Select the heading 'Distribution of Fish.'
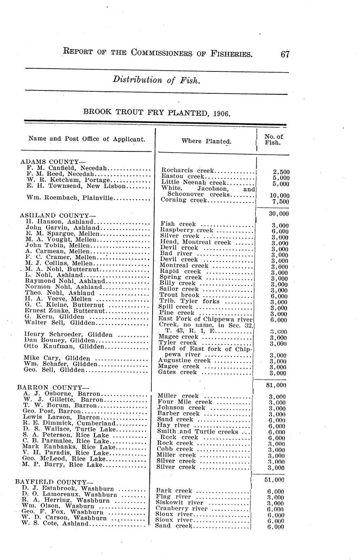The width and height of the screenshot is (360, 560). pyautogui.click(x=156, y=80)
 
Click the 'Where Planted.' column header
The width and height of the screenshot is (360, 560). pyautogui.click(x=206, y=141)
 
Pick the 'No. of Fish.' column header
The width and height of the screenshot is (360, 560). pyautogui.click(x=274, y=140)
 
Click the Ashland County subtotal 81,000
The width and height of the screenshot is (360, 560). pyautogui.click(x=278, y=385)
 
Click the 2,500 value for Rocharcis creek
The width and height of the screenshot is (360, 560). pyautogui.click(x=281, y=172)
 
